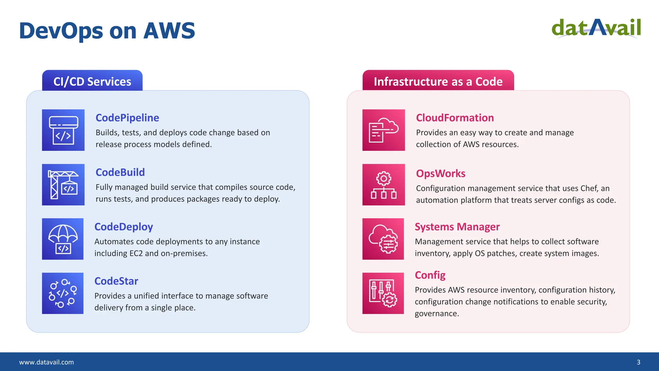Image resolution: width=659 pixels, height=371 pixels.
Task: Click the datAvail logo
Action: (596, 28)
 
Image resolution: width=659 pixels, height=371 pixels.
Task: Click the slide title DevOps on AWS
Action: (107, 31)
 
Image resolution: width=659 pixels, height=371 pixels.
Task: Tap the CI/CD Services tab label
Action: (92, 81)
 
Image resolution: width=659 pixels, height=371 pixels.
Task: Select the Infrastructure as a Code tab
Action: (438, 81)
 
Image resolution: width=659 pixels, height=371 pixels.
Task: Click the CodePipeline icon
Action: (63, 130)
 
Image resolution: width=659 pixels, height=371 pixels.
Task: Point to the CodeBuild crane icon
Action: (63, 185)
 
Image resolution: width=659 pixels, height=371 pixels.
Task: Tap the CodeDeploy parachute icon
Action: (63, 239)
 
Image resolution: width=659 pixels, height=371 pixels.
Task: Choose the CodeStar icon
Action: (63, 293)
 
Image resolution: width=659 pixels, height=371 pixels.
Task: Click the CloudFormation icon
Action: (384, 130)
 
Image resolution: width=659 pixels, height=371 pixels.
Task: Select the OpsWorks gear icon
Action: (384, 185)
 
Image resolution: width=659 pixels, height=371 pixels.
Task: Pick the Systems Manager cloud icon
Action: (383, 239)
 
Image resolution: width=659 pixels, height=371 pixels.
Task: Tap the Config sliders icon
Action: (383, 293)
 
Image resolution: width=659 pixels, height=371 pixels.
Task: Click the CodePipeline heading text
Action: (127, 118)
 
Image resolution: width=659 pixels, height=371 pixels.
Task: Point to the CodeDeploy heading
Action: (124, 227)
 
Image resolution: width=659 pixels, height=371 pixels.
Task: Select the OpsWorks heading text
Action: (441, 174)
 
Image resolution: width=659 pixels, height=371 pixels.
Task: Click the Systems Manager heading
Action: (457, 227)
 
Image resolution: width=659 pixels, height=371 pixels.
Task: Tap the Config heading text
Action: (430, 275)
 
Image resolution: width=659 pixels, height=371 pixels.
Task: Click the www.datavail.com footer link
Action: (46, 362)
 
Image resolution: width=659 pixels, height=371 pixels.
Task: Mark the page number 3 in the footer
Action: (638, 362)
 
